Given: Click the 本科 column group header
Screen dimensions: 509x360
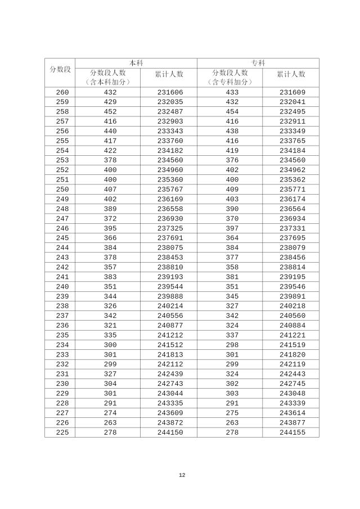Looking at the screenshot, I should click(x=136, y=63).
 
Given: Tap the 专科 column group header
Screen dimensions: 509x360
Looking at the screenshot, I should click(x=258, y=63).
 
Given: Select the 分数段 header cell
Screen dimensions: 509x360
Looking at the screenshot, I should click(x=60, y=69).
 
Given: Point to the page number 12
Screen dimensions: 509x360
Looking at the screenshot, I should click(x=182, y=475).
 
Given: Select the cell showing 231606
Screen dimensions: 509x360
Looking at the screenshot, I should click(x=170, y=92).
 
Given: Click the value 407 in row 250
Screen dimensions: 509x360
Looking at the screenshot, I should click(x=110, y=190).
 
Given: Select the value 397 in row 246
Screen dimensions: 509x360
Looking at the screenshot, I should click(x=232, y=228).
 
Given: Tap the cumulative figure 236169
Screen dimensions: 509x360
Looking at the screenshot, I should click(x=170, y=199).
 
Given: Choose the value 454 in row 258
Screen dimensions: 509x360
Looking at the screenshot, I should click(x=232, y=111).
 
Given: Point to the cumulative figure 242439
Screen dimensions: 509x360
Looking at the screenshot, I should click(x=170, y=374).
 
